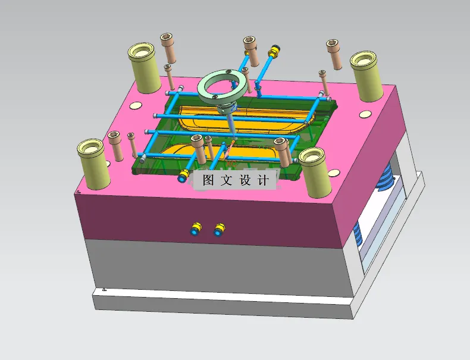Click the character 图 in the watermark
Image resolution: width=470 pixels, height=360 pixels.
[208, 180]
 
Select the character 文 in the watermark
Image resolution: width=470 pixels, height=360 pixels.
[227, 180]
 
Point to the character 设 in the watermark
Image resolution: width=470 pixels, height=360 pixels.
[245, 180]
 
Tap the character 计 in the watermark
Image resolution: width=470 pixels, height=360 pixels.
[264, 180]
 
